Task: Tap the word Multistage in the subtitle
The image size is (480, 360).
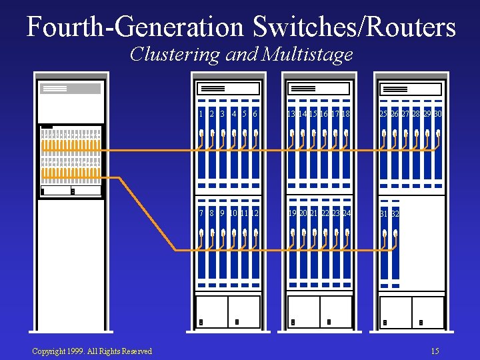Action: point(307,54)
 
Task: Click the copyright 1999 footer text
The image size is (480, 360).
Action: point(92,351)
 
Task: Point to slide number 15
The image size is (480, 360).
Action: point(435,351)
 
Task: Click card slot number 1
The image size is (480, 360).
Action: point(201,115)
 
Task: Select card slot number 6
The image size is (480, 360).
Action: point(255,115)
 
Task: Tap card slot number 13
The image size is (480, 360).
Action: point(291,115)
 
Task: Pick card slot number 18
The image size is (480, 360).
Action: point(346,115)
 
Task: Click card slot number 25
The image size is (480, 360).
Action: point(383,115)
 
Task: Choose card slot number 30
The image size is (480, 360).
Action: point(437,115)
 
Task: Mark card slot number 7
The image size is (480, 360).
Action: point(201,213)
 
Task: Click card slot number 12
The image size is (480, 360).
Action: point(255,213)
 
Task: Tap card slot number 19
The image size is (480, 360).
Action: point(292,213)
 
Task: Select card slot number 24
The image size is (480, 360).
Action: point(346,213)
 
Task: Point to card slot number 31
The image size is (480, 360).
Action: point(384,214)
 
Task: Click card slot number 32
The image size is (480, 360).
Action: point(395,214)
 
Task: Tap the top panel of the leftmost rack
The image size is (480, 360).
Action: point(71,89)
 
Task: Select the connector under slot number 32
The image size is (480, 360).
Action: point(395,235)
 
